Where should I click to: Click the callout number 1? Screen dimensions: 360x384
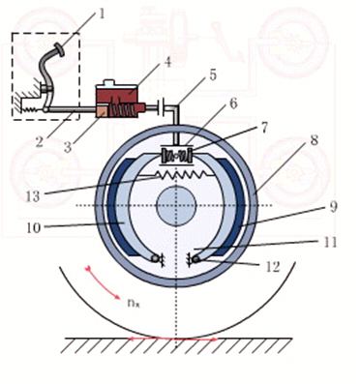click(102, 14)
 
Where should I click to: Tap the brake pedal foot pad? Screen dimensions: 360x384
click(60, 50)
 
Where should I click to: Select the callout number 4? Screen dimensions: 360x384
click(166, 62)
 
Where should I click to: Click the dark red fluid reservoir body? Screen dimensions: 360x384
click(117, 94)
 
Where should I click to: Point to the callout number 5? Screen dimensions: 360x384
click(213, 74)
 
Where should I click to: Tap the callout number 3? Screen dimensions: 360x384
click(68, 147)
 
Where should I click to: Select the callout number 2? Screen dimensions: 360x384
click(40, 141)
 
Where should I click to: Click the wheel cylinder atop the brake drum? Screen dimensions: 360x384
click(176, 156)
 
